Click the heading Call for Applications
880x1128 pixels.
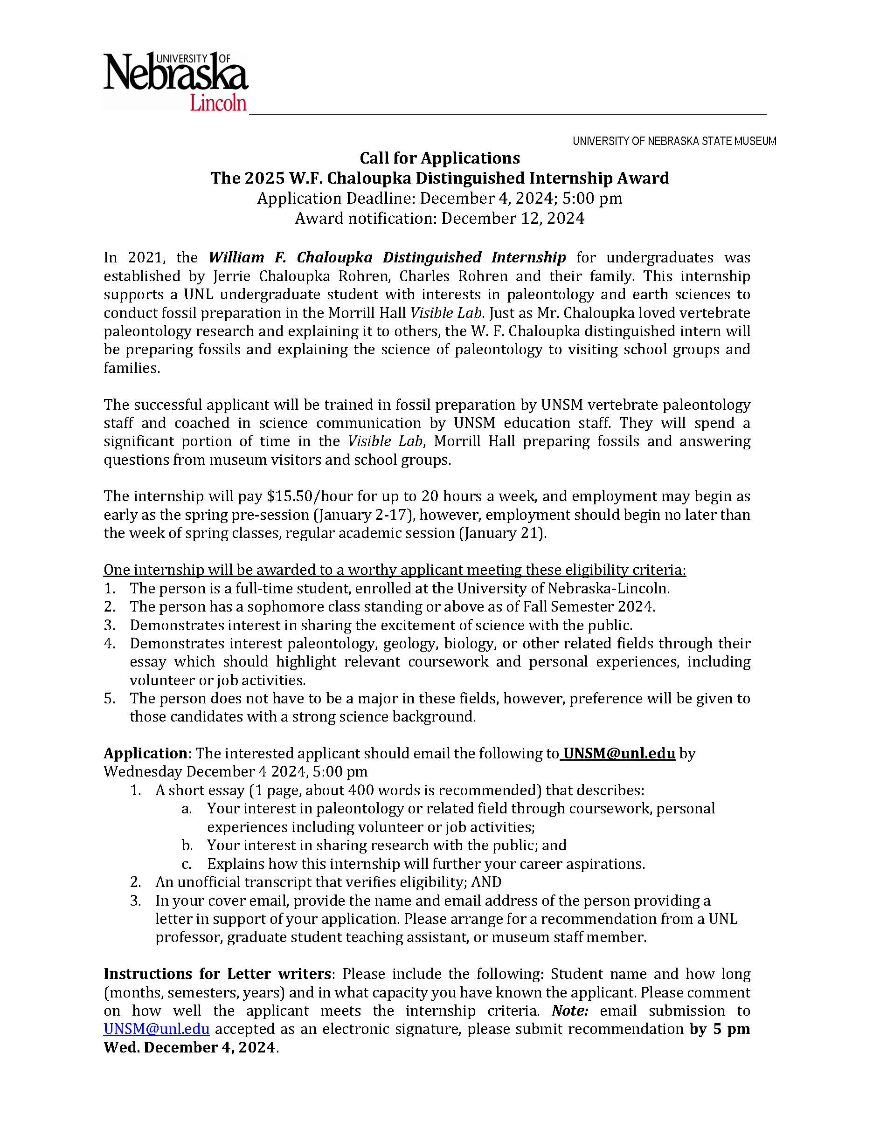point(439,157)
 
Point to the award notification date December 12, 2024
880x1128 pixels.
point(513,219)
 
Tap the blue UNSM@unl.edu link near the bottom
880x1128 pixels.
point(157,1029)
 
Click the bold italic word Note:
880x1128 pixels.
point(570,1010)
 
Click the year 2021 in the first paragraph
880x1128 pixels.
point(145,257)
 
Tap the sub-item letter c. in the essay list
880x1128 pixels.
point(187,864)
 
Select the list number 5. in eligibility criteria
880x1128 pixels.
point(109,698)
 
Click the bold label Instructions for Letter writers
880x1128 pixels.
point(217,974)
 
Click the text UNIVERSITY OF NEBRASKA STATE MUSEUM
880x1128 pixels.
point(674,141)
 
